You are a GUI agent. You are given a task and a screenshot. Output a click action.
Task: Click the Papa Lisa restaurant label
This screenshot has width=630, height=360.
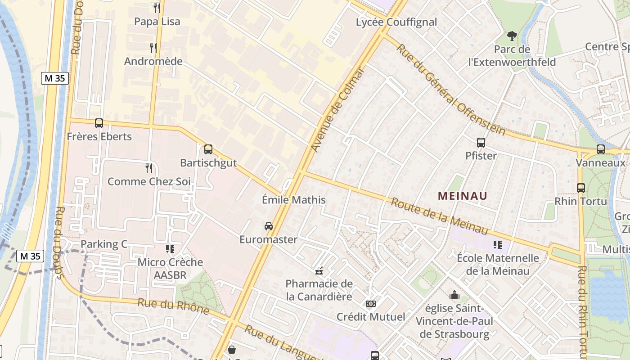157,21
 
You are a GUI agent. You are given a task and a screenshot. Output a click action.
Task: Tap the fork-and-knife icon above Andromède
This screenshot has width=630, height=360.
153,48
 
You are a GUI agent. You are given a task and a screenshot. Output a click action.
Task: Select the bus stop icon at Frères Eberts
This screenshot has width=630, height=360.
99,123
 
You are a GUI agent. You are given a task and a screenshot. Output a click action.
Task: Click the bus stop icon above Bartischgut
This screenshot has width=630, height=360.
208,149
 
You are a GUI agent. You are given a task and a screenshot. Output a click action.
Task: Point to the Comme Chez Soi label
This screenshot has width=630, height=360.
149,181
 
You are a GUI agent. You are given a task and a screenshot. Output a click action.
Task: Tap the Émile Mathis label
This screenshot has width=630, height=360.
293,199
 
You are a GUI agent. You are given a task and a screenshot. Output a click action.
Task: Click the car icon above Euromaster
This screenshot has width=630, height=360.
269,226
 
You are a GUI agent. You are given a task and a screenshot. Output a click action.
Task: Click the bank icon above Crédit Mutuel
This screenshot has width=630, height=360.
371,304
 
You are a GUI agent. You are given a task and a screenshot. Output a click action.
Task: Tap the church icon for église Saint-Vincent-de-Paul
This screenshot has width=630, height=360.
454,295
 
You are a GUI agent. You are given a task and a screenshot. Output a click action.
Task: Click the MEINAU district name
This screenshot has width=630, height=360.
463,196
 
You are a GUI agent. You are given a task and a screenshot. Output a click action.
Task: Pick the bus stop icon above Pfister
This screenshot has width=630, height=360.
481,143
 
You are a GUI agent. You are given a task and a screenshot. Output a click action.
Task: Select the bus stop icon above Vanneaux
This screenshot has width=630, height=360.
601,149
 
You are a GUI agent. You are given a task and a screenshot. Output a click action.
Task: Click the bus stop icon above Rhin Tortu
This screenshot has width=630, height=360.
581,188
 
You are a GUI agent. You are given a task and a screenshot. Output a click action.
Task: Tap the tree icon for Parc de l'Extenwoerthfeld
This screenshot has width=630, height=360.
512,36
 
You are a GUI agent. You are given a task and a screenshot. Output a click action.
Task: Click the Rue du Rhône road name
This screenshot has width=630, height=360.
173,306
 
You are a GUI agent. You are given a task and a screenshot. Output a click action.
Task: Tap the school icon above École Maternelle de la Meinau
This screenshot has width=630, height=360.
497,244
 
